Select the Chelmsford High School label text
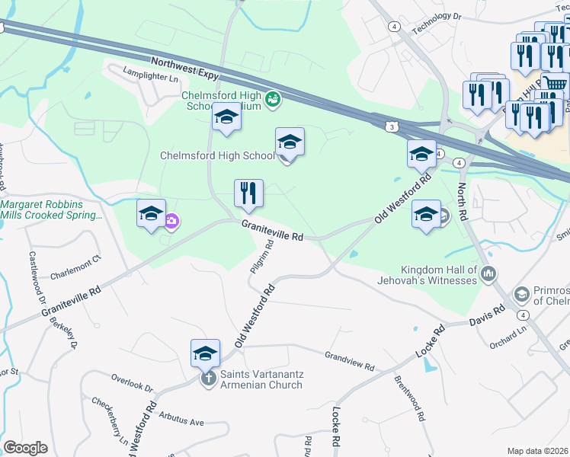pyautogui.click(x=216, y=156)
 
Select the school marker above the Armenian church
pyautogui.click(x=205, y=353)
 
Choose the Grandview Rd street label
pyautogui.click(x=350, y=361)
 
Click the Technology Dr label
pyautogui.click(x=437, y=26)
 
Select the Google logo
pyautogui.click(x=25, y=448)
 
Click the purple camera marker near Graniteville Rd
pyautogui.click(x=171, y=222)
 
